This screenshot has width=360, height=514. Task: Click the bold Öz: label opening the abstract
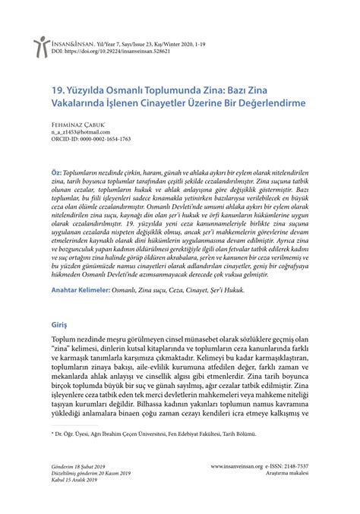coord(56,174)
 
